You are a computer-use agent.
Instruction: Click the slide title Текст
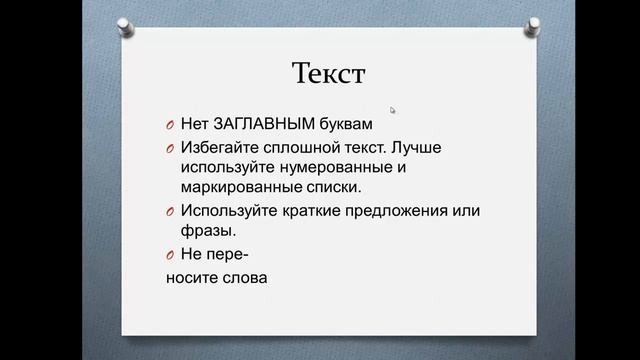(x=329, y=74)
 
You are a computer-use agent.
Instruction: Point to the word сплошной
(x=299, y=148)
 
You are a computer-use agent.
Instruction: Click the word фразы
(x=207, y=229)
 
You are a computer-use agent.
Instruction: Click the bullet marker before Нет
(x=171, y=126)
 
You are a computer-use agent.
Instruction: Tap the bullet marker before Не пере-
(x=171, y=255)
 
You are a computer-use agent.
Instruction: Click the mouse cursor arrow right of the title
(x=393, y=111)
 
